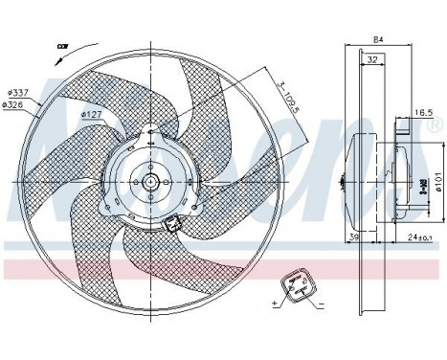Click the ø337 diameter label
14,93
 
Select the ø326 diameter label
14,104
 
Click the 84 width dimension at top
376,39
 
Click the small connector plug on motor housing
172,225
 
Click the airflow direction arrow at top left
61,44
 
